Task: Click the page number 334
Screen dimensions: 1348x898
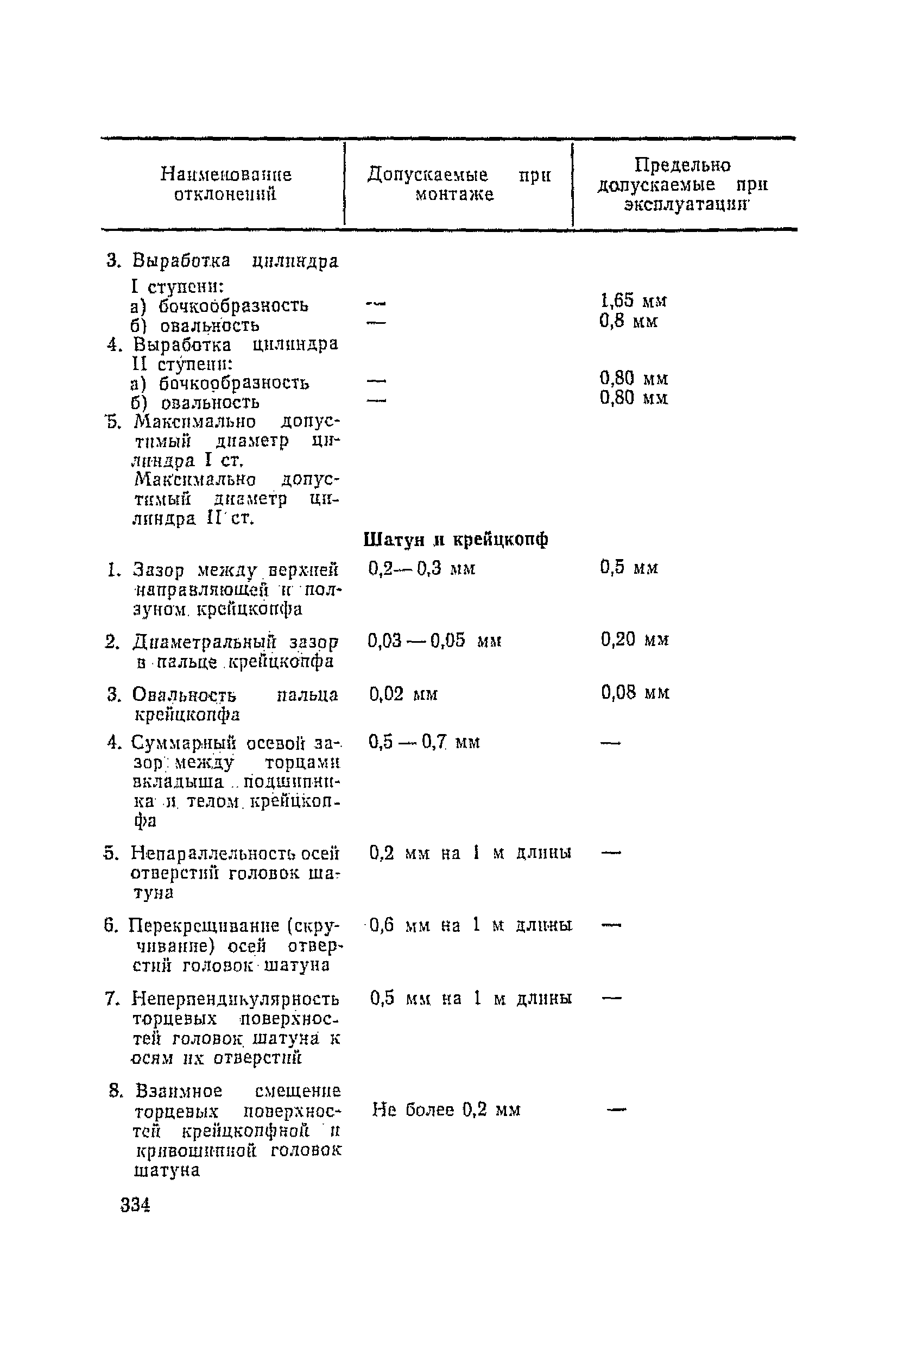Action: pos(136,1205)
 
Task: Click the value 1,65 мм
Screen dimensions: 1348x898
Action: pos(633,300)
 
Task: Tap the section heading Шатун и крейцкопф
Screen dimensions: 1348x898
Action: pos(456,540)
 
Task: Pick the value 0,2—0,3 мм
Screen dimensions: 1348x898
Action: pos(421,568)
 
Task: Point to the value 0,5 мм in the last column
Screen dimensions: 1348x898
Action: pos(629,567)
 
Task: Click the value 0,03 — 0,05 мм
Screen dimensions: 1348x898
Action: pos(434,640)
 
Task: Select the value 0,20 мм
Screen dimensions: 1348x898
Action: pos(635,639)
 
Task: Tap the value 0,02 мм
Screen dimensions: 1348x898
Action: pos(403,694)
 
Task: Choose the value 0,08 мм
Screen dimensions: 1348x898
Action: pos(635,693)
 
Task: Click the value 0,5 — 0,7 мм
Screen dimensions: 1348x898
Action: pos(424,742)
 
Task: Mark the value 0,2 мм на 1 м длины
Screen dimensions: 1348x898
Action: pos(470,854)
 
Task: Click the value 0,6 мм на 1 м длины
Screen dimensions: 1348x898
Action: pos(470,926)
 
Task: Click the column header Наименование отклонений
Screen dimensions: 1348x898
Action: pos(226,184)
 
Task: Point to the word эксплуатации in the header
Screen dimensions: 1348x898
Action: pos(686,205)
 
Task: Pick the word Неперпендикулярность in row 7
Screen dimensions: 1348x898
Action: pos(236,999)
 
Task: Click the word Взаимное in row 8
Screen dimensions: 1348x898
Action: pos(178,1090)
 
